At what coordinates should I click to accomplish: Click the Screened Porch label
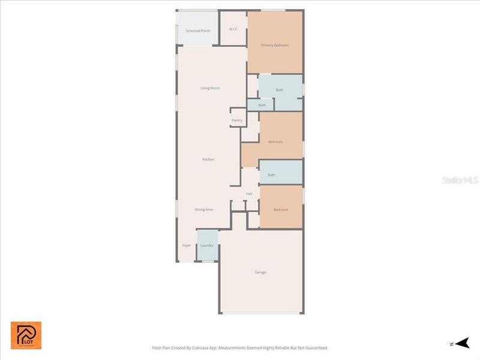pyautogui.click(x=197, y=31)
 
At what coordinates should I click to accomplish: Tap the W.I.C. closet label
pyautogui.click(x=234, y=29)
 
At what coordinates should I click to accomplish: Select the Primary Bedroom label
pyautogui.click(x=274, y=45)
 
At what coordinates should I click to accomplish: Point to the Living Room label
pyautogui.click(x=210, y=88)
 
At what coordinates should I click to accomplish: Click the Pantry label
pyautogui.click(x=237, y=120)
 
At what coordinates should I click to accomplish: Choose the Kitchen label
pyautogui.click(x=208, y=159)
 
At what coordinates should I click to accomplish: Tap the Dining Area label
pyautogui.click(x=204, y=209)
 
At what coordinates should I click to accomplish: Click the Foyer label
pyautogui.click(x=187, y=245)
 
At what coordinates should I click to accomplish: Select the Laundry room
pyautogui.click(x=207, y=245)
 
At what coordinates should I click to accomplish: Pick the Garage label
pyautogui.click(x=260, y=272)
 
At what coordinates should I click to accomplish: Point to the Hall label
pyautogui.click(x=249, y=194)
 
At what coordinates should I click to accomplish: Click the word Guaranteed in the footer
pyautogui.click(x=316, y=347)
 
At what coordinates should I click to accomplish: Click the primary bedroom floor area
pyautogui.click(x=275, y=57)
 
